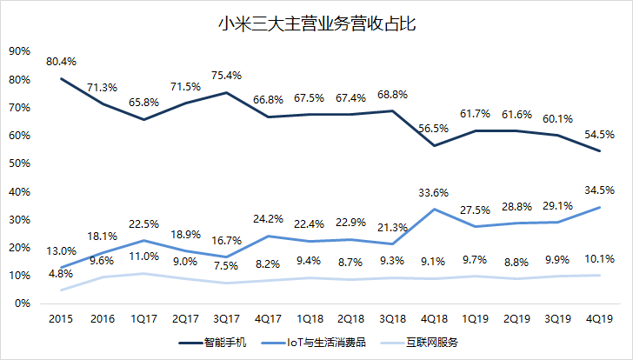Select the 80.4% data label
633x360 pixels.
(62, 61)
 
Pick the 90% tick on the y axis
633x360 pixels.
(19, 51)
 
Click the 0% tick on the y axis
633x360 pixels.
(23, 303)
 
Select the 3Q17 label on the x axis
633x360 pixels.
(227, 318)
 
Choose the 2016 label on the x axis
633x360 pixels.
(103, 318)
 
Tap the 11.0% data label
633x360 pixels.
(144, 257)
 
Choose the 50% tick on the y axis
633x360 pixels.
(19, 163)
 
